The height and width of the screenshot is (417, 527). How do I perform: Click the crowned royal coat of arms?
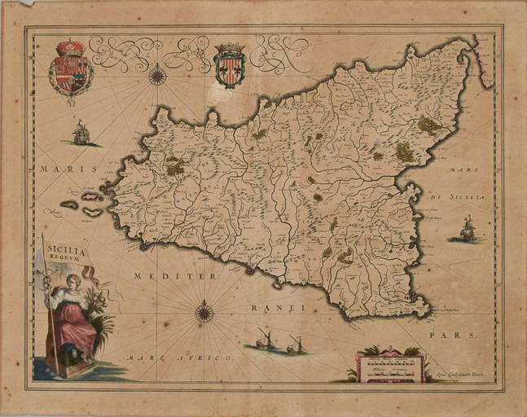tap(70, 68)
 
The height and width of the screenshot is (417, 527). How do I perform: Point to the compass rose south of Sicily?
tap(204, 312)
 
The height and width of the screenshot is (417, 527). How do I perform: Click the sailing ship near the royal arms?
tap(81, 133)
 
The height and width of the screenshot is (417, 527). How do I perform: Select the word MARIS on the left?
tap(55, 169)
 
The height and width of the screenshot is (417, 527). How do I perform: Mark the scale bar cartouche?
tap(389, 367)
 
